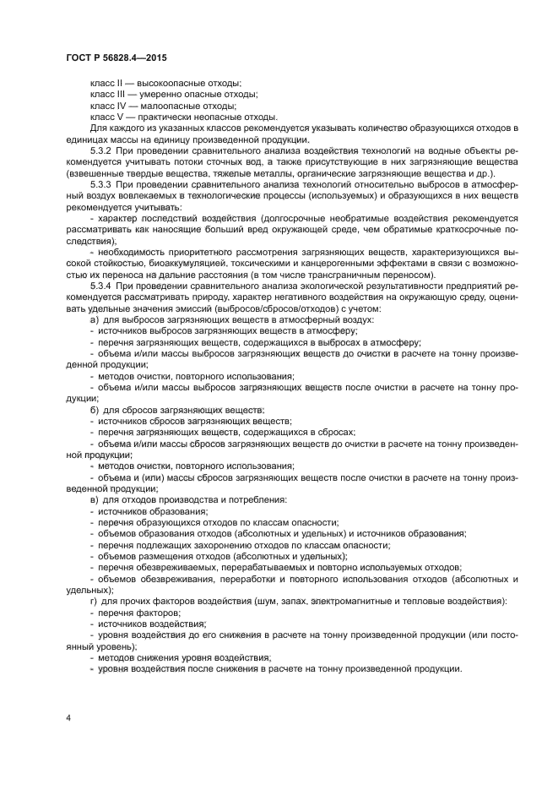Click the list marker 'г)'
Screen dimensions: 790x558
point(94,601)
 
